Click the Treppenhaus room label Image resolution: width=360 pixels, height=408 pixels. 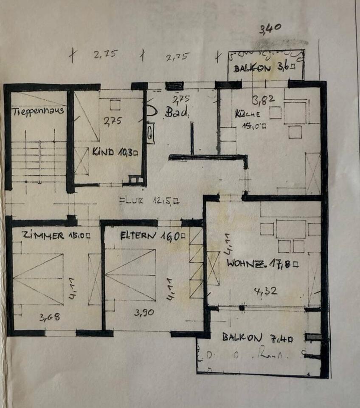coord(38,111)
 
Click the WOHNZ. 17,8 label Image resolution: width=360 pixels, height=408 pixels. coord(263,263)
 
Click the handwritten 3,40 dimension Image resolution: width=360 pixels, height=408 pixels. coord(270,29)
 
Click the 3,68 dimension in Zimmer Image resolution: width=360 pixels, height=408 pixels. coord(49,317)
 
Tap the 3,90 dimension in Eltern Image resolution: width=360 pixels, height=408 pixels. coord(144,313)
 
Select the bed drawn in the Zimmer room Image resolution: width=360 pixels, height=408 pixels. coord(38,279)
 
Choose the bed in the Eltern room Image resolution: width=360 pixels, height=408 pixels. coord(130,274)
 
